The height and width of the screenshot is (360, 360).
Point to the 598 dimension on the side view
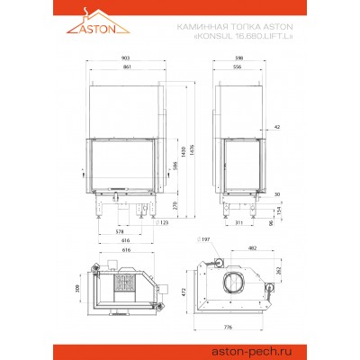click(x=237, y=58)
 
